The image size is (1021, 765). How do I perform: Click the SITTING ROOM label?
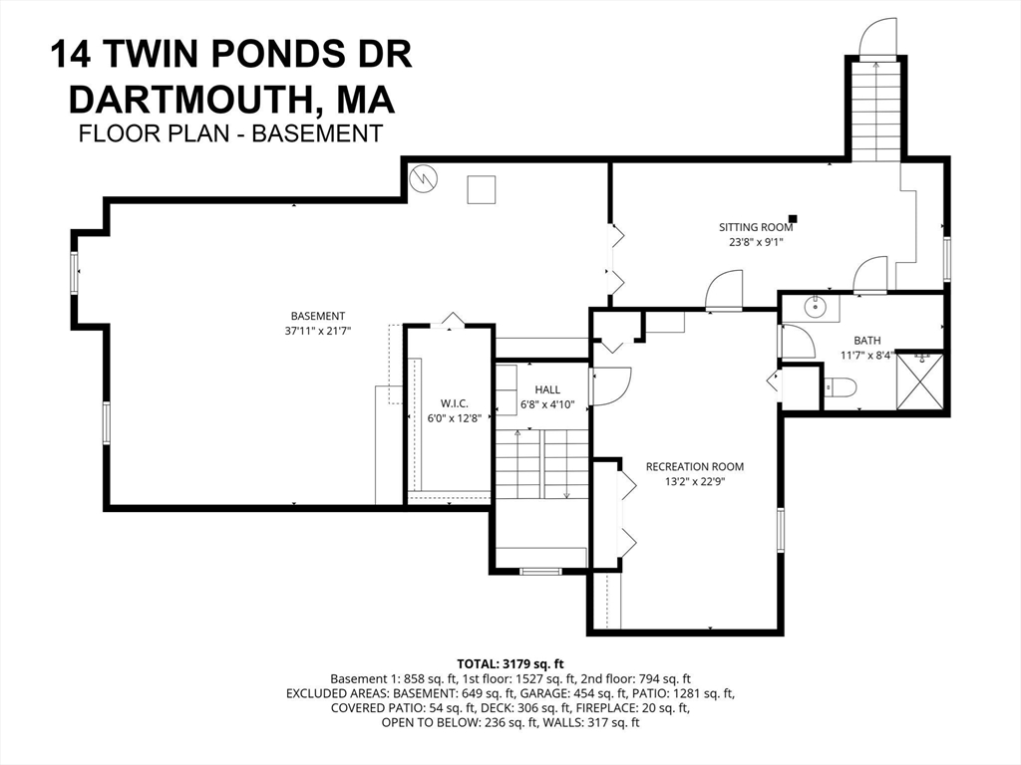756,227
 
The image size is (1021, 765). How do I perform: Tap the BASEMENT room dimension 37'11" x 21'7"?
318,330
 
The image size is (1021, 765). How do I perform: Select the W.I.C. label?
441,403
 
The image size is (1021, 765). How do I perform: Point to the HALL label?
546,389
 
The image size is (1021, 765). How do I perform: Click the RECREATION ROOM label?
694,466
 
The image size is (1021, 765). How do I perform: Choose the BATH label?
866,340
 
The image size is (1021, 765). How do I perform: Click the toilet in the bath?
840,388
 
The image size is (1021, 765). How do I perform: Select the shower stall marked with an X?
919,382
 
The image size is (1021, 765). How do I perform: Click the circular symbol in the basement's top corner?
424,179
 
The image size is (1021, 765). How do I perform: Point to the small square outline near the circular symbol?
482,189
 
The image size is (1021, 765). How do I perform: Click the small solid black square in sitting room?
793,218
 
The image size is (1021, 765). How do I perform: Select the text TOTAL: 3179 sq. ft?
510,662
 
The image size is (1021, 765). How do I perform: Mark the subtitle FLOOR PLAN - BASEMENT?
230,133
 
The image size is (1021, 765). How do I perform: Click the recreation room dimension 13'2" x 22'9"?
694,481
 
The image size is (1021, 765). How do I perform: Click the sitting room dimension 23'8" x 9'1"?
756,241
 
